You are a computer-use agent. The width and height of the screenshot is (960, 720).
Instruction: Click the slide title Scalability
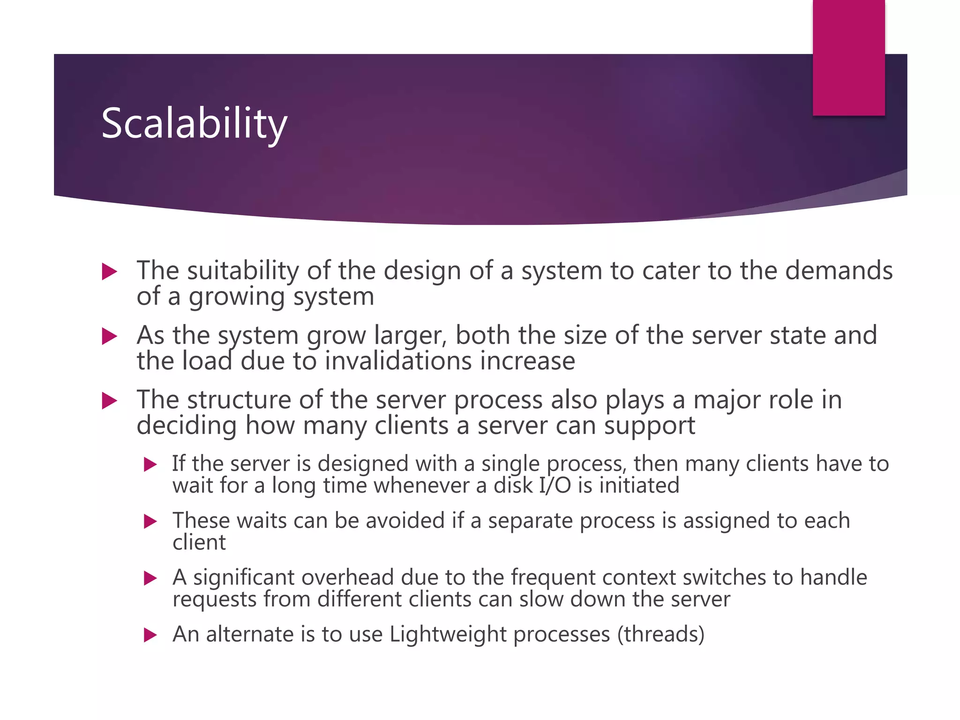point(194,123)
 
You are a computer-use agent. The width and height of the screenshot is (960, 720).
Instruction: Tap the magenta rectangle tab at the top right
point(848,57)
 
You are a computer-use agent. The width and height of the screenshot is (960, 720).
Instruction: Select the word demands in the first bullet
point(839,271)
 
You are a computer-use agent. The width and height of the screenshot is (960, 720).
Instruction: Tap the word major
point(720,400)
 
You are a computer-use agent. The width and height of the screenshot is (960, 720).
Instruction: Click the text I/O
point(555,485)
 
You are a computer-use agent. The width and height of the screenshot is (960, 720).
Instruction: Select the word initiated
point(639,485)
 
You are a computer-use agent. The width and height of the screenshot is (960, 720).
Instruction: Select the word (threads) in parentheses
point(660,634)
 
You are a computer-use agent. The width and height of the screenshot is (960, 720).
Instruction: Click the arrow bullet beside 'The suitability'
point(109,272)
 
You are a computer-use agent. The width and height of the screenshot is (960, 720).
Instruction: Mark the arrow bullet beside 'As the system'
point(109,336)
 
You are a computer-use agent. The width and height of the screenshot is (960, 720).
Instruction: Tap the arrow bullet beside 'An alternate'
point(150,635)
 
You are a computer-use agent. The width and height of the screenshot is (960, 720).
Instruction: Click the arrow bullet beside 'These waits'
point(150,521)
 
